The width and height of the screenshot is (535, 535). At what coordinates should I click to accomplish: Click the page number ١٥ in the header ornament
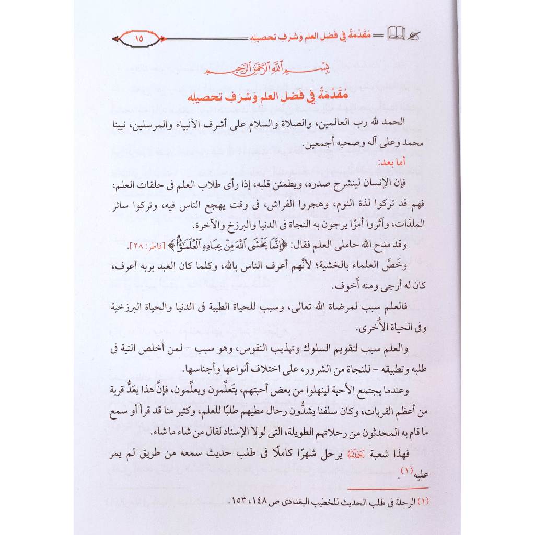138,38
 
